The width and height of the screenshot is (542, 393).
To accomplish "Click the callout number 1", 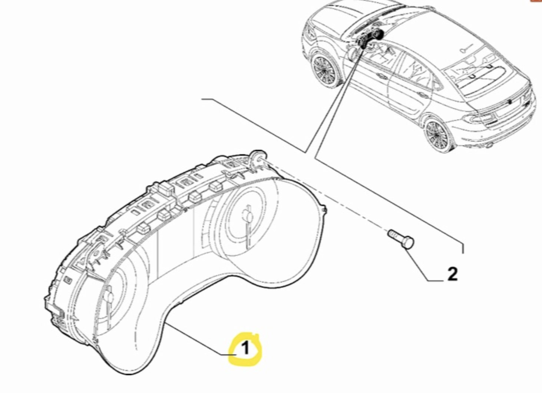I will (x=245, y=349).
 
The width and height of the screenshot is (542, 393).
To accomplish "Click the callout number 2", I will (x=452, y=274).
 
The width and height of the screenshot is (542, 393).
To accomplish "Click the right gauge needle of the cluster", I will (x=246, y=226).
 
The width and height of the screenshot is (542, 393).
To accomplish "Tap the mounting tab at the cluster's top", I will (x=257, y=158).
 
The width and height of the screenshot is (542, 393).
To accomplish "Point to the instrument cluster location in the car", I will (x=371, y=39).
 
